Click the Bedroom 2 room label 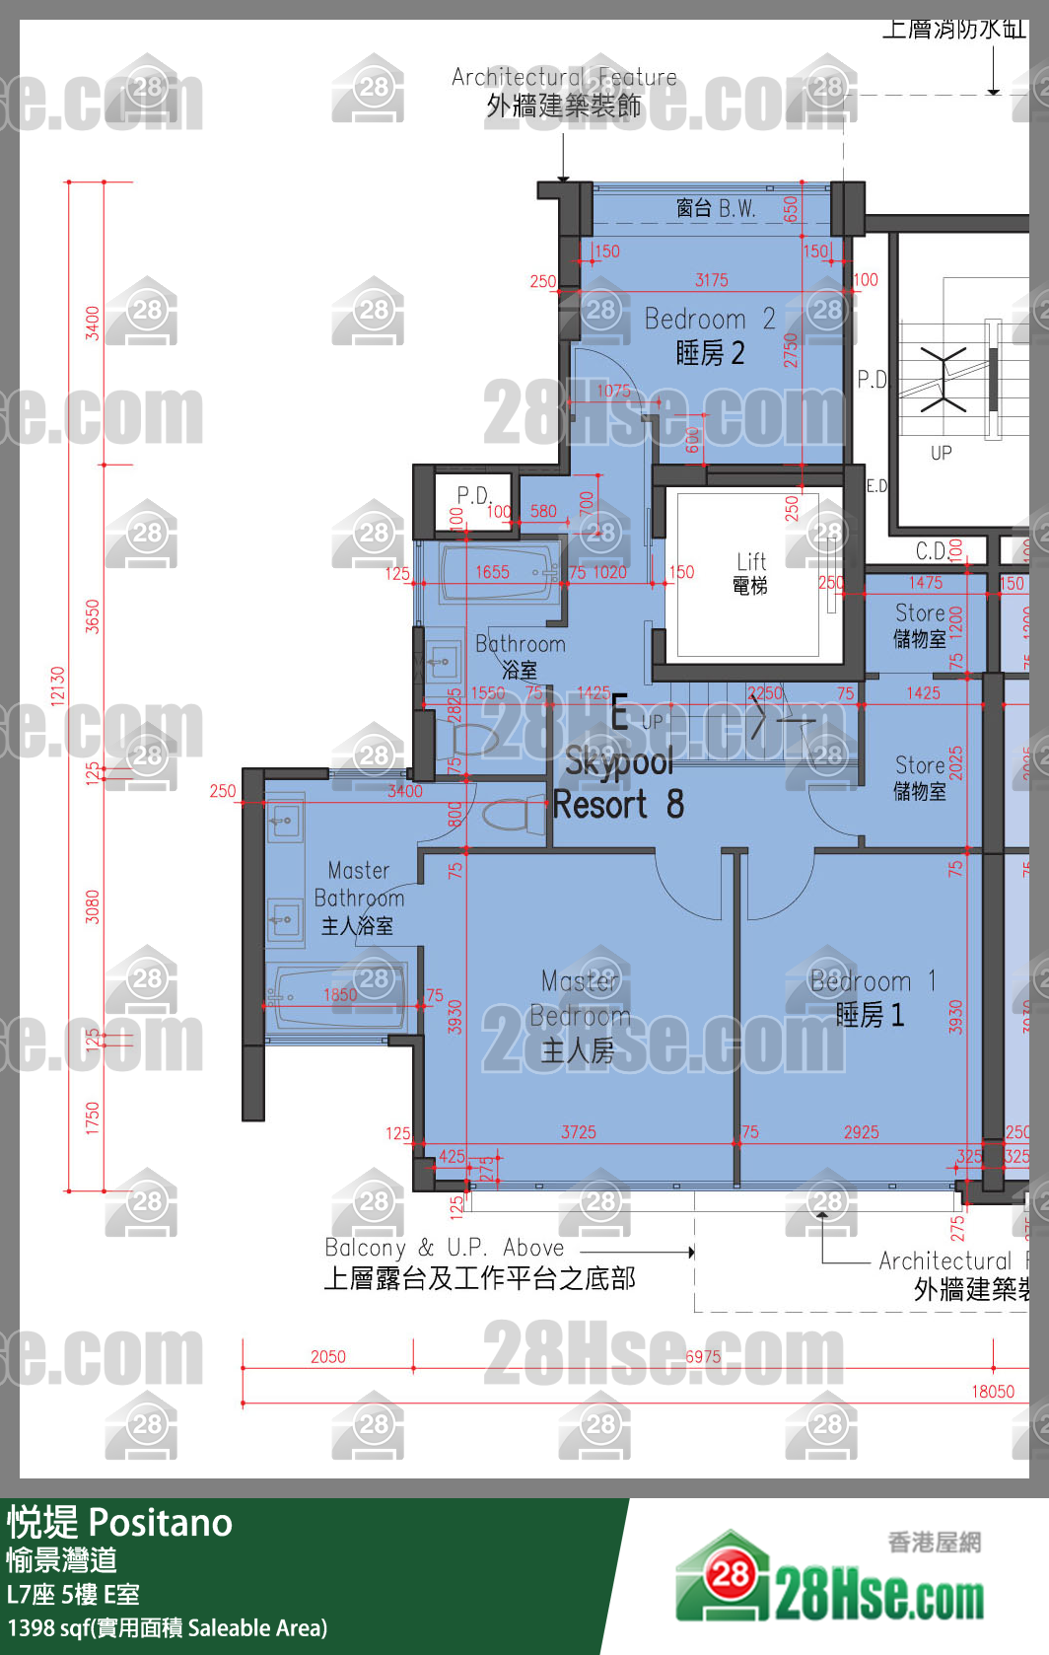pos(709,335)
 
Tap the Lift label pos(750,573)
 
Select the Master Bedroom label pos(580,1016)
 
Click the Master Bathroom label pos(359,898)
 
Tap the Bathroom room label pos(521,656)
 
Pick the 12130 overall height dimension pos(58,685)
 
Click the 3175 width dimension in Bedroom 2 pos(711,280)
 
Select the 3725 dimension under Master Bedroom pos(579,1132)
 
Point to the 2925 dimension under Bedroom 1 pos(861,1132)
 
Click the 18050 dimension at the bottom pos(992,1392)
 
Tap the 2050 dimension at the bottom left pos(328,1357)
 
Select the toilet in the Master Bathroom pos(513,816)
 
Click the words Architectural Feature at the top pos(564,77)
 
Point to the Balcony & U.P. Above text pos(445,1248)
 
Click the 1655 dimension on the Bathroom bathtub pos(492,572)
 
